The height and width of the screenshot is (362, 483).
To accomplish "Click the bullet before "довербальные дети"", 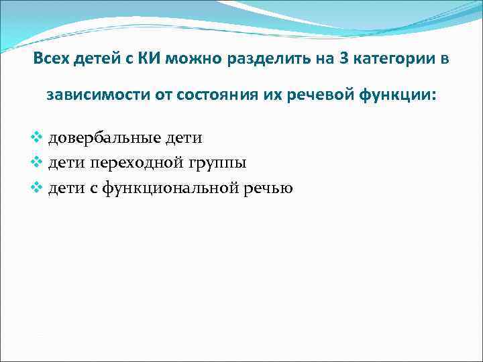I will (x=38, y=138).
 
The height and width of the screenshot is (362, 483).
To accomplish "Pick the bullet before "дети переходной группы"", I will (x=38, y=163).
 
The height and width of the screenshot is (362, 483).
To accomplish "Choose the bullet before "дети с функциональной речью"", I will (x=38, y=188).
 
